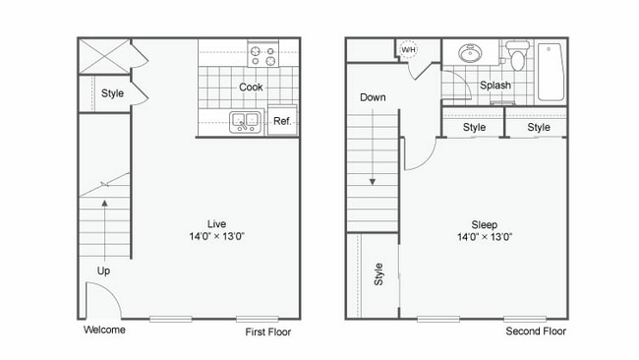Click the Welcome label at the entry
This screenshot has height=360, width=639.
point(105,330)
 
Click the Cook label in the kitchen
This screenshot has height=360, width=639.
point(251,87)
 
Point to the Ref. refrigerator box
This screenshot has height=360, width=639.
point(282,121)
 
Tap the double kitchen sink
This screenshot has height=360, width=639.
point(245,122)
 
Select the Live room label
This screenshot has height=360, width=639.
point(216,222)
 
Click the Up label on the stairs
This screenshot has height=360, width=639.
point(103,270)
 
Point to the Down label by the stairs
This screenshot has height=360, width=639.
point(373,97)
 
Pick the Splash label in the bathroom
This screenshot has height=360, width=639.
point(495,86)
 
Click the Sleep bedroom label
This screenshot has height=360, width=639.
point(483,222)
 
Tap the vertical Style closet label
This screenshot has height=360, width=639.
point(378,273)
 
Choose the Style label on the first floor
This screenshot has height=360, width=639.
point(112,93)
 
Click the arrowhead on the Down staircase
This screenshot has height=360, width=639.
point(373,181)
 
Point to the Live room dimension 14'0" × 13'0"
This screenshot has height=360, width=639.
point(216,236)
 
